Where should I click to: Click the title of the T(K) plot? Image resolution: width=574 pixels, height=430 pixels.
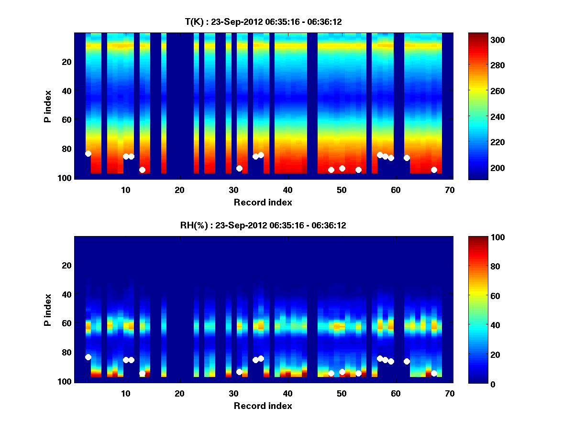tap(263, 21)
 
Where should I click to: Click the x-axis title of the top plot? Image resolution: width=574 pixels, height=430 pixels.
tap(263, 202)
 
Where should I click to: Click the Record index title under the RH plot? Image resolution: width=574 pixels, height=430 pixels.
tap(263, 406)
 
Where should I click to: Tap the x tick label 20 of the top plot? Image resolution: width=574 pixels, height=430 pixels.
tap(179, 190)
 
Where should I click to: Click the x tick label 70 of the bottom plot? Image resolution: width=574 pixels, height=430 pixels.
tap(449, 393)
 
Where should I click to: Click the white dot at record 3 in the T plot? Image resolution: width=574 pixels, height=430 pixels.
tap(88, 153)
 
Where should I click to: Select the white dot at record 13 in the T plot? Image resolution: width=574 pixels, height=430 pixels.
tap(142, 170)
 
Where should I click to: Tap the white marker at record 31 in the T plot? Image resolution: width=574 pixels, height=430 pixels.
tap(239, 168)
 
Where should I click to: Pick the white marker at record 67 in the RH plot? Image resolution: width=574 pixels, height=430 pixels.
tap(434, 373)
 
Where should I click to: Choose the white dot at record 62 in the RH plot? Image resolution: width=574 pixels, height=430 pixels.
tap(407, 361)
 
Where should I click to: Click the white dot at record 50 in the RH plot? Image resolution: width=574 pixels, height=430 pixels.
tap(342, 372)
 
